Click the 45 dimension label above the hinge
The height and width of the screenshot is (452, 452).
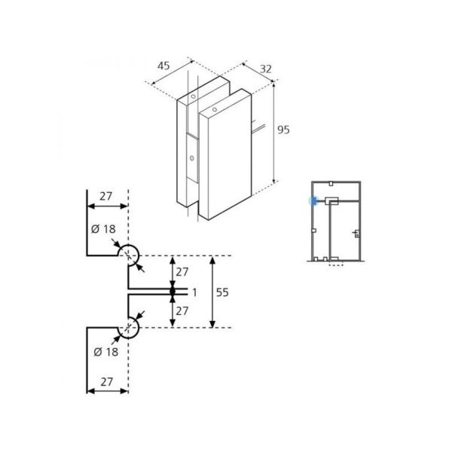[x=163, y=66]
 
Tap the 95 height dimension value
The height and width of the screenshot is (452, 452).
[x=283, y=130]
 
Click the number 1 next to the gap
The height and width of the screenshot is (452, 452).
[x=194, y=292]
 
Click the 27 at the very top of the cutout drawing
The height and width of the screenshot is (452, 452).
[x=105, y=196]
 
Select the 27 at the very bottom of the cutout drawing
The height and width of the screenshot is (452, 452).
[x=105, y=383]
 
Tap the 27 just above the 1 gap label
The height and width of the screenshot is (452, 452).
[x=182, y=271]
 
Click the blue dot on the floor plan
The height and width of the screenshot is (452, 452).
[x=310, y=201]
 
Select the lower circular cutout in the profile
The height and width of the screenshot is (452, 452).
[x=130, y=328]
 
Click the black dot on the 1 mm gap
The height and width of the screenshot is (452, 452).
[x=173, y=291]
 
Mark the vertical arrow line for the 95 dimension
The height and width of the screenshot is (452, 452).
[x=273, y=133]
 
